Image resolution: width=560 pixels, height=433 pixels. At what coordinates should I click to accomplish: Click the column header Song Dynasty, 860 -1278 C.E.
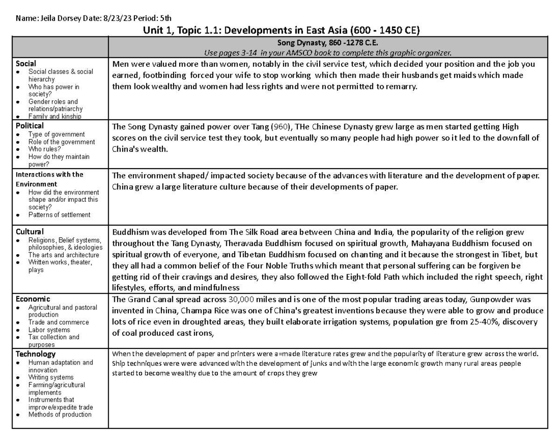coord(328,43)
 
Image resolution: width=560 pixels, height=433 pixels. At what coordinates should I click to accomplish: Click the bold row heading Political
coord(30,126)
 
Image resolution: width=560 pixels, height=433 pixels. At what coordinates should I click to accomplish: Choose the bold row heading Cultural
coord(29,232)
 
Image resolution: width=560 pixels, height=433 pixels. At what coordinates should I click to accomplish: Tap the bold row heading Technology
coord(35,354)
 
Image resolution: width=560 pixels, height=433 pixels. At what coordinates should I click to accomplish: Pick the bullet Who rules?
coord(44,149)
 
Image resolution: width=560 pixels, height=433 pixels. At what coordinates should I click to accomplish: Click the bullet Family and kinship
coord(55,116)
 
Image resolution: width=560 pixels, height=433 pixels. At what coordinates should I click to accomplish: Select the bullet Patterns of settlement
coord(59,215)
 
